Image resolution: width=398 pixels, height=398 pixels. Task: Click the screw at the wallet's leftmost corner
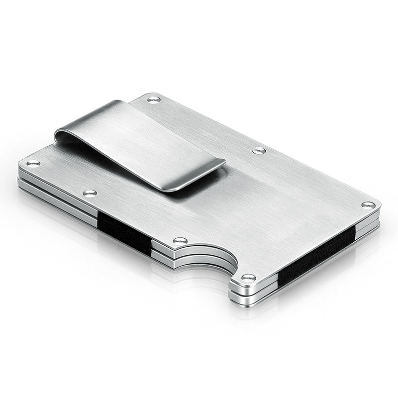(33, 163)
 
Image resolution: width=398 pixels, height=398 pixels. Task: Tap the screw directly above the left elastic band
(90, 193)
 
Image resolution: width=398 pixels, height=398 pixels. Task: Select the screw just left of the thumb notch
(180, 241)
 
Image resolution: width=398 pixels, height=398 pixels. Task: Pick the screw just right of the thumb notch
(248, 278)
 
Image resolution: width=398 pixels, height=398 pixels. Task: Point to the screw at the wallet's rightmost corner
(368, 205)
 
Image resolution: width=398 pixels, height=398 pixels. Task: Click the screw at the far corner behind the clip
(154, 99)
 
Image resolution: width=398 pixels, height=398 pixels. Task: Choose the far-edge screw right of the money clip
(259, 151)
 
